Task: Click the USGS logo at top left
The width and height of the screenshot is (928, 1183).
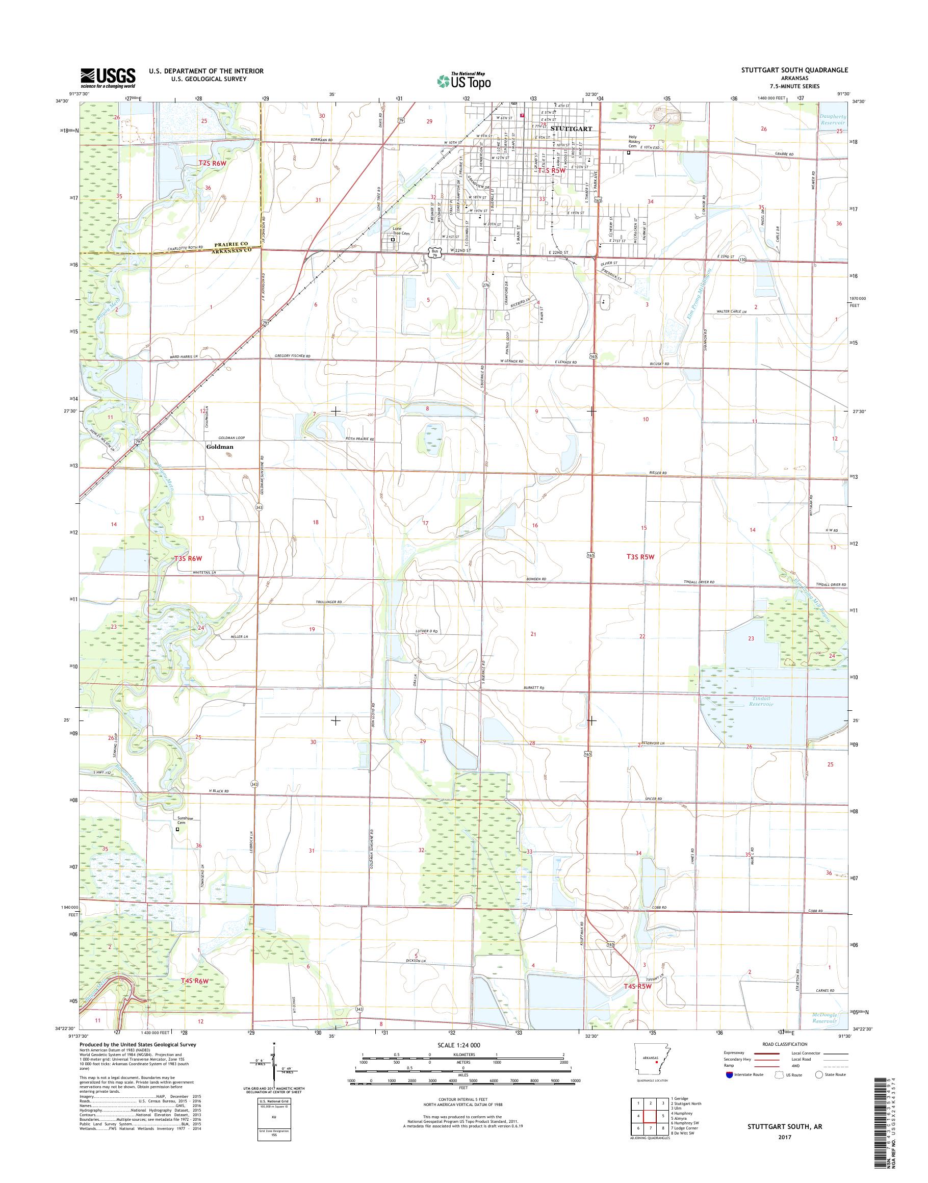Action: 108,78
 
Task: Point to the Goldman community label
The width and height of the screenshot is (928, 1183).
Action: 220,447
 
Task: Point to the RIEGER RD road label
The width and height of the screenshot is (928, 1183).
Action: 657,473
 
